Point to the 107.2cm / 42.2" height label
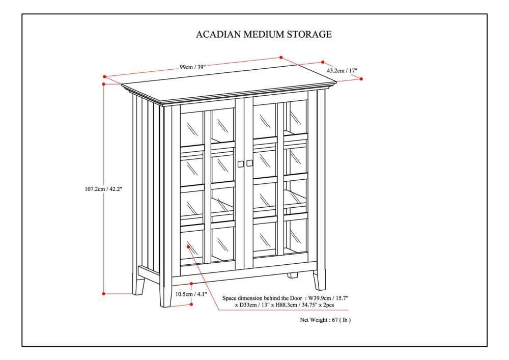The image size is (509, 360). point(103,188)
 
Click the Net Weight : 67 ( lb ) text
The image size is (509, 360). point(325,320)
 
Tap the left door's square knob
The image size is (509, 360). point(240,163)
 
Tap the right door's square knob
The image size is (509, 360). point(250,163)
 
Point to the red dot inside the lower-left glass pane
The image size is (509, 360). point(188,246)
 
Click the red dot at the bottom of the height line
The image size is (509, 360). point(104,293)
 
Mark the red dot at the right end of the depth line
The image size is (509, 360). point(361,78)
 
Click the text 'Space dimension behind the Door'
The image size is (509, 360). point(262,297)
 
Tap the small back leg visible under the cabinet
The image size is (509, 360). point(292,275)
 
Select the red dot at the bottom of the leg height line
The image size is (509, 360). point(191,304)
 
